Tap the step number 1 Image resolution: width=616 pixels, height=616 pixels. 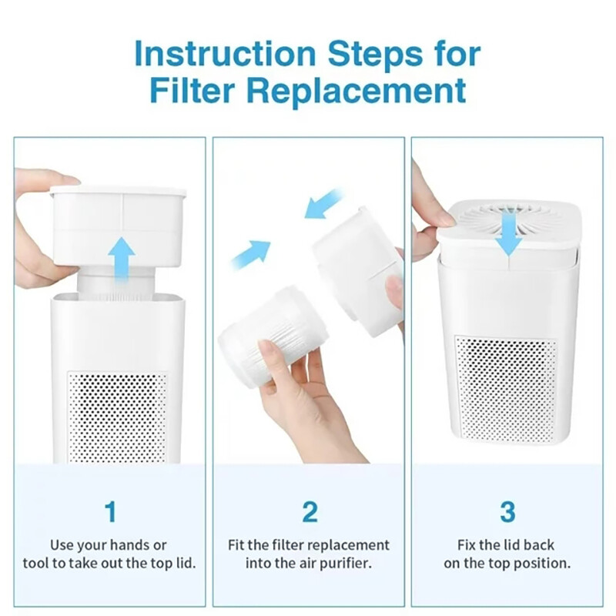(110, 511)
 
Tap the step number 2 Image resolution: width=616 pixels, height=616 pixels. (309, 511)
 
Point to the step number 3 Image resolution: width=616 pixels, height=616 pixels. (507, 511)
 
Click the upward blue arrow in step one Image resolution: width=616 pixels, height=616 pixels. (121, 258)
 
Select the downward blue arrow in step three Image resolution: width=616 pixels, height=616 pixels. (508, 233)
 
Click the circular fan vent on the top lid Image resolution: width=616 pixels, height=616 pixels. (507, 216)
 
